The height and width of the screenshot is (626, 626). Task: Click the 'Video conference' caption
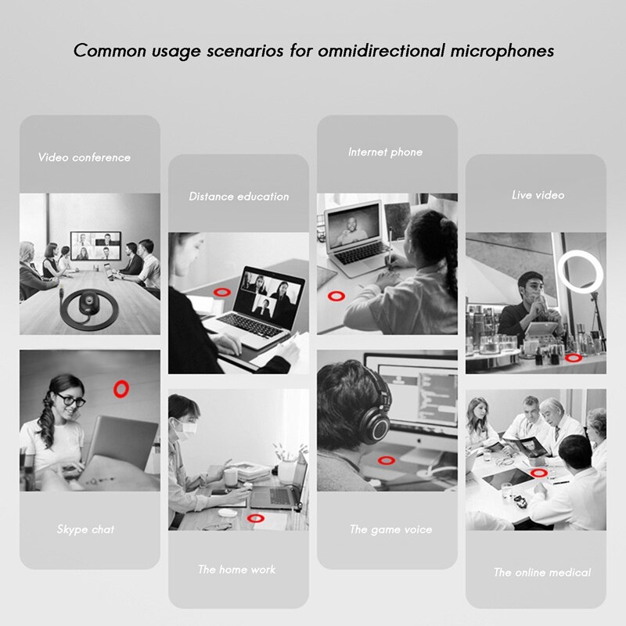pos(85,157)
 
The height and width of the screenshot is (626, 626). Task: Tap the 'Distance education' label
pos(239,196)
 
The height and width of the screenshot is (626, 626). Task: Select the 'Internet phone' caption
pos(385,152)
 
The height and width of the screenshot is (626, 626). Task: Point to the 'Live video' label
pos(538,195)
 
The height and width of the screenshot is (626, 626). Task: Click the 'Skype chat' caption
pos(85,530)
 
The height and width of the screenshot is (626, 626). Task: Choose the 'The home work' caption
pos(236,570)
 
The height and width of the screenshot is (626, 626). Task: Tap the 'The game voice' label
pos(390,530)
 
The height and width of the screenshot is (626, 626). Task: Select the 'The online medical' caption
pos(542,573)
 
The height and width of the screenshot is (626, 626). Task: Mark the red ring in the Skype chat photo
pos(121,387)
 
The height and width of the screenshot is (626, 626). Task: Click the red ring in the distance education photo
pos(222,290)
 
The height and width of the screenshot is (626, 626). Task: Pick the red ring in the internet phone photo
pos(336,296)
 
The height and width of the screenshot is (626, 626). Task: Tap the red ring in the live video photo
pos(574,358)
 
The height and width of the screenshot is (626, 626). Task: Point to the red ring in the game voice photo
pos(386,462)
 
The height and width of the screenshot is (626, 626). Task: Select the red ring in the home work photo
pos(254,517)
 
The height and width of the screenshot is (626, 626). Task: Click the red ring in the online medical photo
pos(539,473)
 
